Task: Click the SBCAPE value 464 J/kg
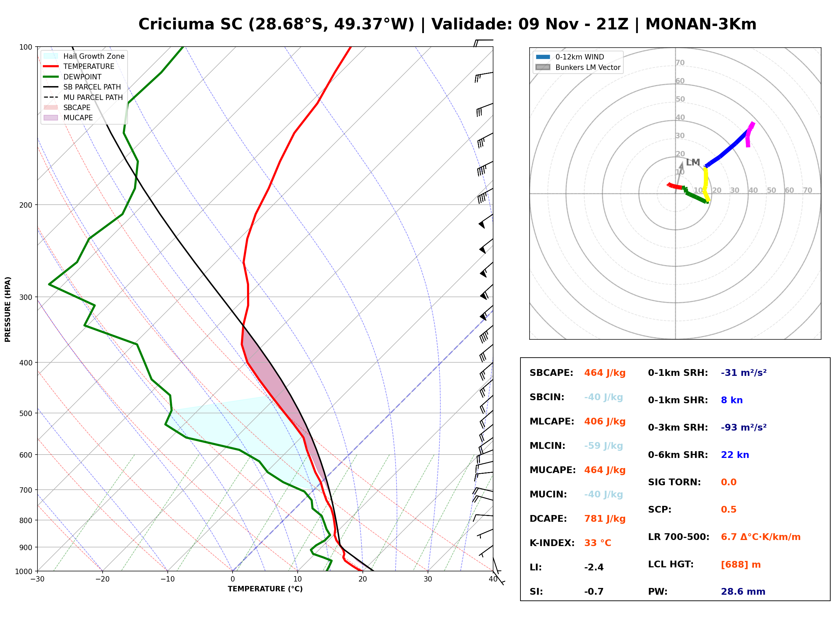[x=605, y=373]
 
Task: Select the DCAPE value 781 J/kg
[x=605, y=519]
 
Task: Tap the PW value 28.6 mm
[x=743, y=592]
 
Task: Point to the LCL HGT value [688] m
[x=741, y=565]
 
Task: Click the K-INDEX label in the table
[x=552, y=543]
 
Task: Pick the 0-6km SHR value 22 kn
[x=735, y=455]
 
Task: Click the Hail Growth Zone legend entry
[x=84, y=56]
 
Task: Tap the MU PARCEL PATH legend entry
[x=83, y=97]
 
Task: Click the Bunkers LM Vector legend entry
[x=578, y=67]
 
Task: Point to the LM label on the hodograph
[x=693, y=162]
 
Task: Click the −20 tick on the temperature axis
[x=102, y=579]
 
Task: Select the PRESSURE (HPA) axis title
[x=7, y=309]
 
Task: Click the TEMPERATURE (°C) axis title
[x=265, y=589]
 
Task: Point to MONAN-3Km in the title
[x=701, y=24]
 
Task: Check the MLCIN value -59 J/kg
[x=603, y=446]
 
